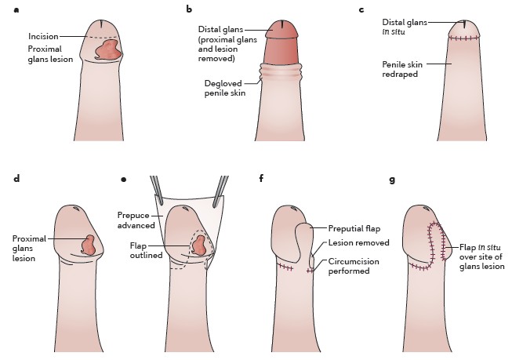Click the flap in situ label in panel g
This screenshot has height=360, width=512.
point(481,255)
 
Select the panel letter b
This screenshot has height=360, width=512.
point(188,9)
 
